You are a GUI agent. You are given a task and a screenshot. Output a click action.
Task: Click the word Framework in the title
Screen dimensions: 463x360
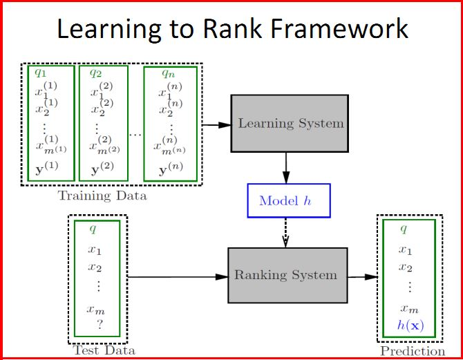(x=339, y=29)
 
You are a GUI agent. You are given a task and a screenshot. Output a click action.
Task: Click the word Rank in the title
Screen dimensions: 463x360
(x=232, y=29)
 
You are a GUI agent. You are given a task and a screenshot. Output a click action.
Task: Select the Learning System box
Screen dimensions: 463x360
(x=290, y=124)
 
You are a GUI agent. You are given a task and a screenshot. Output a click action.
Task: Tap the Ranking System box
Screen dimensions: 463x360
(x=287, y=275)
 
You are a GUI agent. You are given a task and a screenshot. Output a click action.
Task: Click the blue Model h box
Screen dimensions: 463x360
(x=289, y=201)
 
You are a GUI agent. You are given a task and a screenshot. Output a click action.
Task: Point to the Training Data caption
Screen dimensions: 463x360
(x=102, y=196)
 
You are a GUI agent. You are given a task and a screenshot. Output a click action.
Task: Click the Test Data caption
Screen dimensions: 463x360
(x=104, y=350)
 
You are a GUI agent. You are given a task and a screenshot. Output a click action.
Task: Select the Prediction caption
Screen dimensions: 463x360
(x=413, y=351)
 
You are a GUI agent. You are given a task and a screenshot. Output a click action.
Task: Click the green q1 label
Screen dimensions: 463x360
(x=41, y=73)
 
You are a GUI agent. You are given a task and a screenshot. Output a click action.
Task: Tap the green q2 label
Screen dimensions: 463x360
(x=95, y=73)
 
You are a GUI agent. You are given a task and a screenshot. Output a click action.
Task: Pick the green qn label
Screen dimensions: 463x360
(x=169, y=73)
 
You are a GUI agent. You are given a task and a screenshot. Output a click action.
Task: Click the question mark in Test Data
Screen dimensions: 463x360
(x=100, y=325)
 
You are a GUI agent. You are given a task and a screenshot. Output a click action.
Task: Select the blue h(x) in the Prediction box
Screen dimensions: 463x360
(x=410, y=325)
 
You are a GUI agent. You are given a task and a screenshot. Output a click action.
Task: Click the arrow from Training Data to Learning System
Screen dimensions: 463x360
(x=216, y=125)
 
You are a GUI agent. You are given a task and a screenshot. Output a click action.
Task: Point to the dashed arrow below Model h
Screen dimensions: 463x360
(x=285, y=232)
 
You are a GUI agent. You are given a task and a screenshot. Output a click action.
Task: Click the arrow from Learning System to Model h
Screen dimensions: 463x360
(x=286, y=168)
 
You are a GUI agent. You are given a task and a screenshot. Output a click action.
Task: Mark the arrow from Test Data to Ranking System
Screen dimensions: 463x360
(x=178, y=277)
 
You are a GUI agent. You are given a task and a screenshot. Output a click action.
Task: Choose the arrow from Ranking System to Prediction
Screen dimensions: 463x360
(x=363, y=277)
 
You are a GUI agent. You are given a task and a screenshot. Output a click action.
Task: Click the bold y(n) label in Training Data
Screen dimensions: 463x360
(x=171, y=169)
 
